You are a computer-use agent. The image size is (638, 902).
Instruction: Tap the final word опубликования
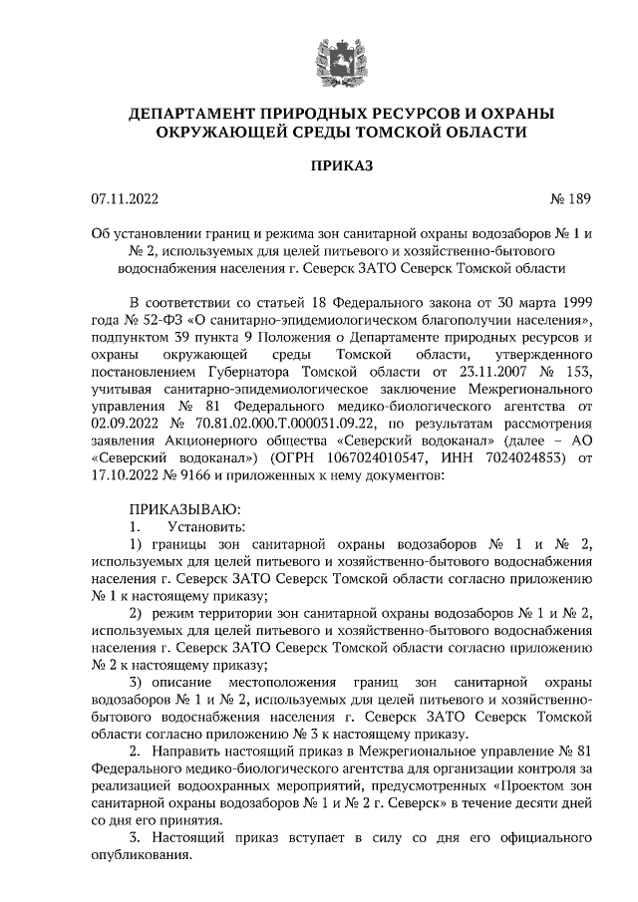point(142,856)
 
